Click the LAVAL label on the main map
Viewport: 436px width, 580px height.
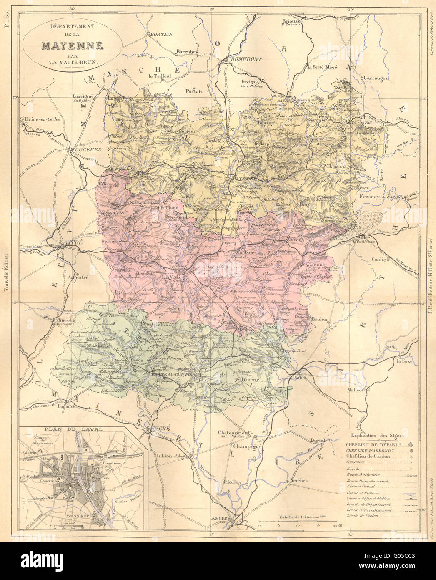[168, 277]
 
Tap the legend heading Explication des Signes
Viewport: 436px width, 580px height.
[378, 435]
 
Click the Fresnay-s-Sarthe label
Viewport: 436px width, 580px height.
[380, 197]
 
